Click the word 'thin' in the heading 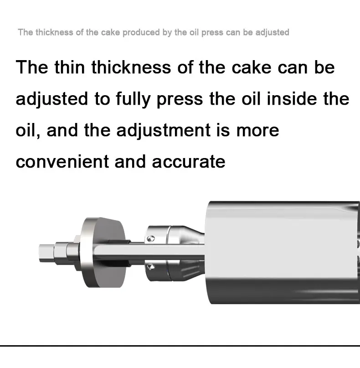pyautogui.click(x=69, y=67)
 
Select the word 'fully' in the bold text pyautogui.click(x=133, y=99)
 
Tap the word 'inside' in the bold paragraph pyautogui.click(x=292, y=99)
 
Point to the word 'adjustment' pyautogui.click(x=164, y=131)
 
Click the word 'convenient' pyautogui.click(x=62, y=162)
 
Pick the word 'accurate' pyautogui.click(x=189, y=162)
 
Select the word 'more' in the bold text pyautogui.click(x=257, y=131)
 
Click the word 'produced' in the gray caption pyautogui.click(x=141, y=32)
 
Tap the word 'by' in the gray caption pyautogui.click(x=167, y=33)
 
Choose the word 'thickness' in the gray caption pyautogui.click(x=54, y=32)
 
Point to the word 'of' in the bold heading pyautogui.click(x=185, y=67)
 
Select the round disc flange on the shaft pyautogui.click(x=103, y=252)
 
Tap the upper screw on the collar pyautogui.click(x=151, y=239)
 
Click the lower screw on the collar pyautogui.click(x=151, y=266)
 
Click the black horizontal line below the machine pyautogui.click(x=180, y=346)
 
